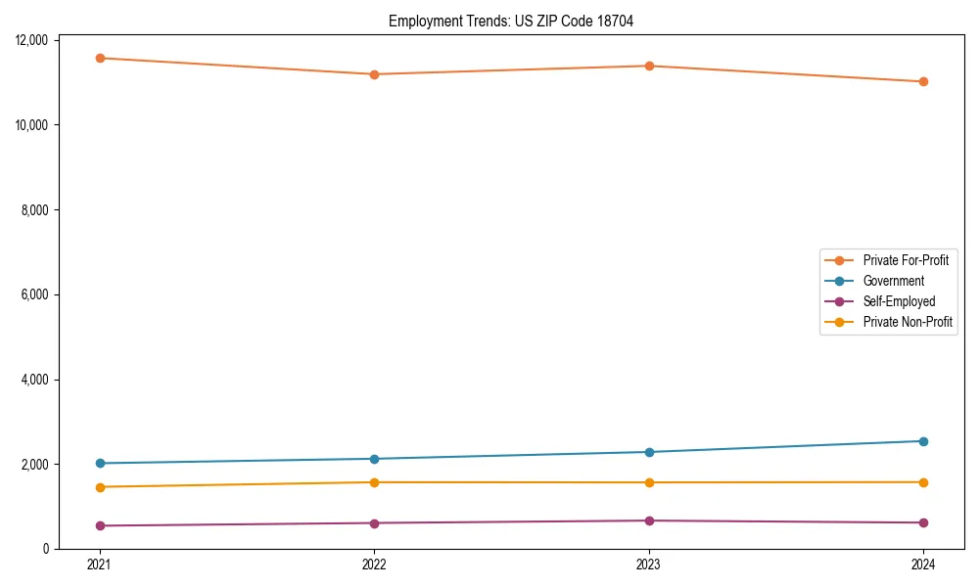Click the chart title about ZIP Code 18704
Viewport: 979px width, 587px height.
click(x=511, y=22)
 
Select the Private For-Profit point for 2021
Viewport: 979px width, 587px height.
click(x=99, y=58)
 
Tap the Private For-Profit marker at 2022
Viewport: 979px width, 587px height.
click(x=374, y=74)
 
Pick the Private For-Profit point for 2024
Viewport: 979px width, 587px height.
click(x=923, y=81)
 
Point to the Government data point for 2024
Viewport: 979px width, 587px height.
click(x=923, y=441)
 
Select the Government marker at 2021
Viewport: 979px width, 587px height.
click(x=99, y=463)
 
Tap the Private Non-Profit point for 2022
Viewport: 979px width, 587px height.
click(x=374, y=482)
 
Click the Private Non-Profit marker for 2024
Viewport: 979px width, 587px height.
click(x=923, y=482)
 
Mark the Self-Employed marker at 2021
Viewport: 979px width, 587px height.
click(x=99, y=525)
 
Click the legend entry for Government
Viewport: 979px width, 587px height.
click(x=893, y=281)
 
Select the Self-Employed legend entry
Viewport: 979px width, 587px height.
click(x=899, y=301)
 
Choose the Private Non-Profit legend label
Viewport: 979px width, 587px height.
click(x=908, y=322)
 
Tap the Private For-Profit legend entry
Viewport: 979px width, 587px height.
click(x=906, y=260)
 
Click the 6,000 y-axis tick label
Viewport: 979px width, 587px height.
click(x=40, y=294)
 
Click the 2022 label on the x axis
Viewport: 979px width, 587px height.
click(x=374, y=564)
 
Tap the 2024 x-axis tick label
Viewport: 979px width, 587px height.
click(x=923, y=564)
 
